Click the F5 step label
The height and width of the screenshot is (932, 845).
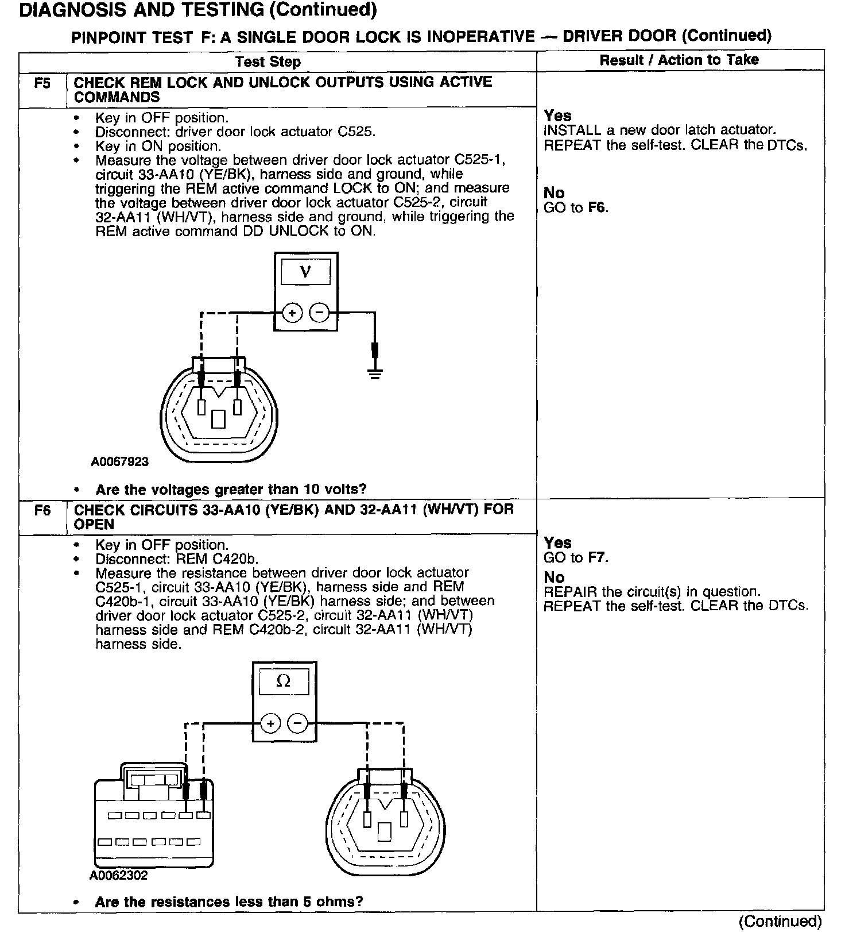[x=42, y=83]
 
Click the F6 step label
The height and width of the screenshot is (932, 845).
[x=42, y=510]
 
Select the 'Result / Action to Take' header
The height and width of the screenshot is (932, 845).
[x=679, y=60]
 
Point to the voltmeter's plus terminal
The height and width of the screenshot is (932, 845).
[x=292, y=313]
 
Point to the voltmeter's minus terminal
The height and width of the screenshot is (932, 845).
[x=319, y=313]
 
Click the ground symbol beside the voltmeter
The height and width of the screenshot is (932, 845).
[x=375, y=373]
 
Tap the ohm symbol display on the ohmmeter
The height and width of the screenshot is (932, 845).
[x=284, y=681]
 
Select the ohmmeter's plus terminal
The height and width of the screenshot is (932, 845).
[x=270, y=723]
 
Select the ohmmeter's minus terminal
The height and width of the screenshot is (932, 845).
[x=297, y=723]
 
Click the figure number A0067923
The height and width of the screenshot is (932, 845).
[x=119, y=461]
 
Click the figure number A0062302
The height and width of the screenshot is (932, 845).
[x=118, y=875]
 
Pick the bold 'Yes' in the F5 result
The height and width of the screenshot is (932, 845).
[x=558, y=116]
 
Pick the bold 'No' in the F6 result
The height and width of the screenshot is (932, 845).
[x=554, y=577]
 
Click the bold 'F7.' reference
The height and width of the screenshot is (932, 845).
[x=598, y=557]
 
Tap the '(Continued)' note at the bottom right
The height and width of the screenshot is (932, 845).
[x=780, y=922]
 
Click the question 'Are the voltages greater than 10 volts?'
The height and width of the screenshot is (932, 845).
[x=231, y=490]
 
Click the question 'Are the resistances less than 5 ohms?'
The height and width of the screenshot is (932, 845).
[x=229, y=902]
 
